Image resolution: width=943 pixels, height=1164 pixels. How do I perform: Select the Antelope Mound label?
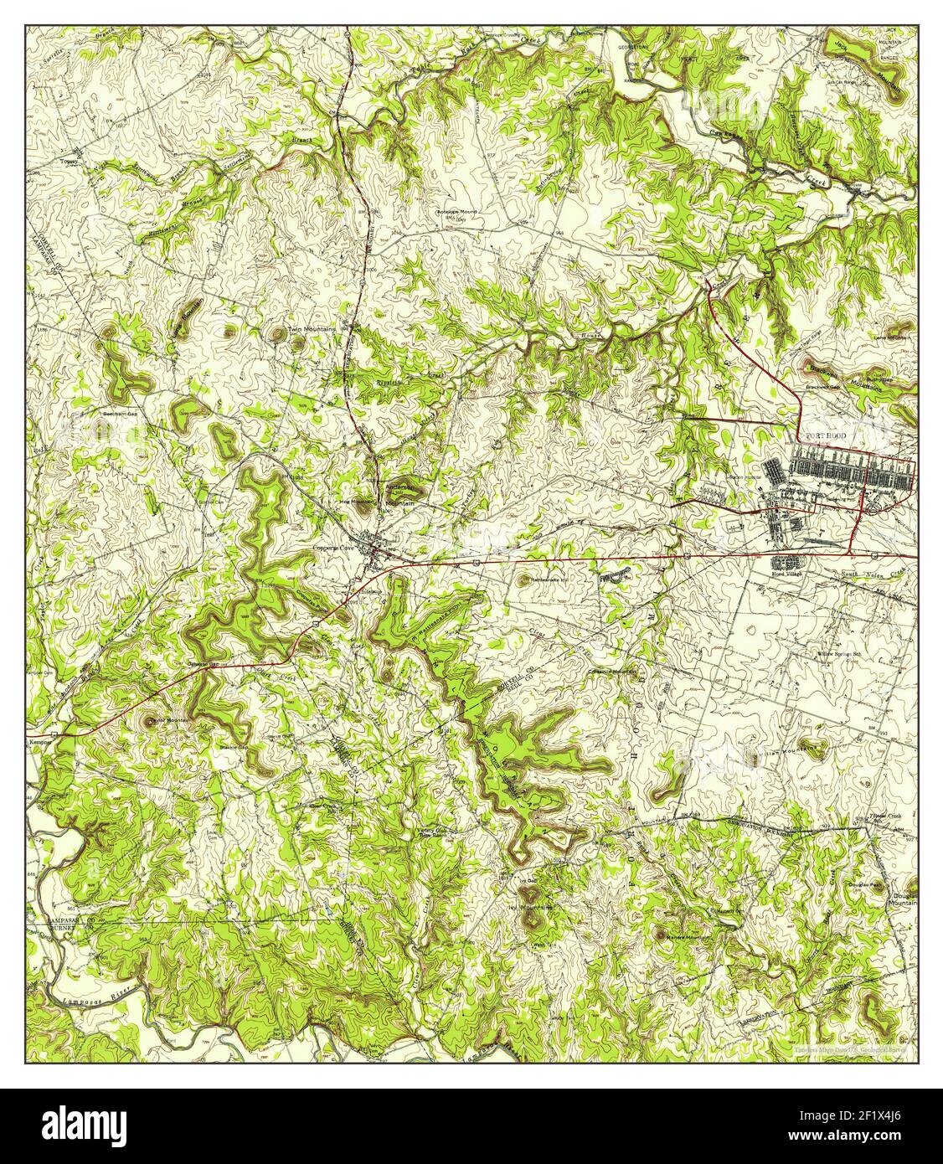(x=457, y=212)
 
